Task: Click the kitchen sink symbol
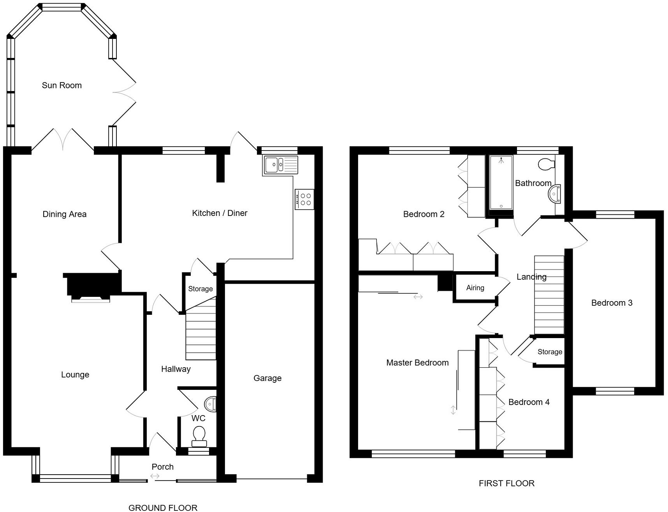[281, 165]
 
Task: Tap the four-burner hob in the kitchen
[304, 200]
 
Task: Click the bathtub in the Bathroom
[501, 182]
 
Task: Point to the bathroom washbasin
[555, 193]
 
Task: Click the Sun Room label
[62, 86]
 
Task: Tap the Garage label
[267, 378]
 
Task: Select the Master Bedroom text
[417, 363]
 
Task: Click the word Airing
[475, 288]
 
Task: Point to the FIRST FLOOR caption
[506, 483]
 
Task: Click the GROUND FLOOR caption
[163, 507]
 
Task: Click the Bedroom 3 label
[612, 303]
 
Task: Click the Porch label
[162, 467]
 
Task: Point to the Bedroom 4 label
[529, 402]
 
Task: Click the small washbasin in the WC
[211, 404]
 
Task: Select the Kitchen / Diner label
[220, 213]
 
